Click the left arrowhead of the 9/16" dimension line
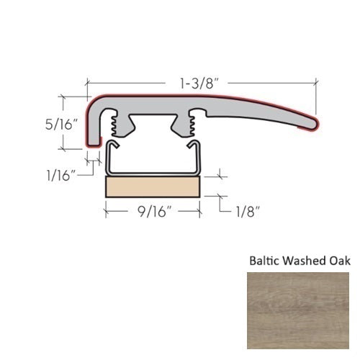point(109,212)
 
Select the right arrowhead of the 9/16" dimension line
point(198,212)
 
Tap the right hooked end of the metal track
point(192,147)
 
